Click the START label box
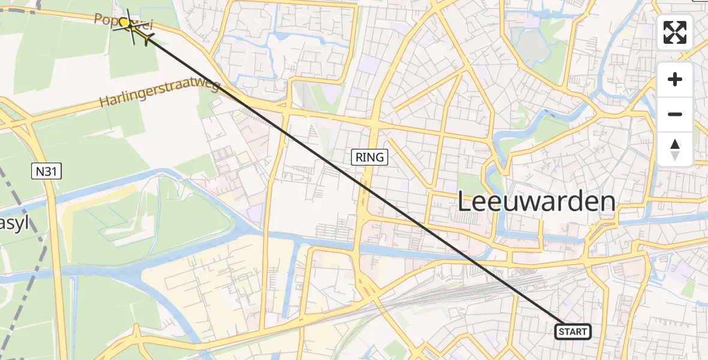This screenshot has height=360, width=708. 573,331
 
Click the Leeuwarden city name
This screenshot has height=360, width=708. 536,202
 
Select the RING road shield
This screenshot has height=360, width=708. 370,158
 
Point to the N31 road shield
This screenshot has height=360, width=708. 46,172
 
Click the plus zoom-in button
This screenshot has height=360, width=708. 675,80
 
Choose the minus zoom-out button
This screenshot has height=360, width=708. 675,114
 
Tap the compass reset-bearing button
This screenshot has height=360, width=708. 675,149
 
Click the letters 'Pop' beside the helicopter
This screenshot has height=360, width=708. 105,19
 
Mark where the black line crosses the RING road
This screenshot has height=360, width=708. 364,184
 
